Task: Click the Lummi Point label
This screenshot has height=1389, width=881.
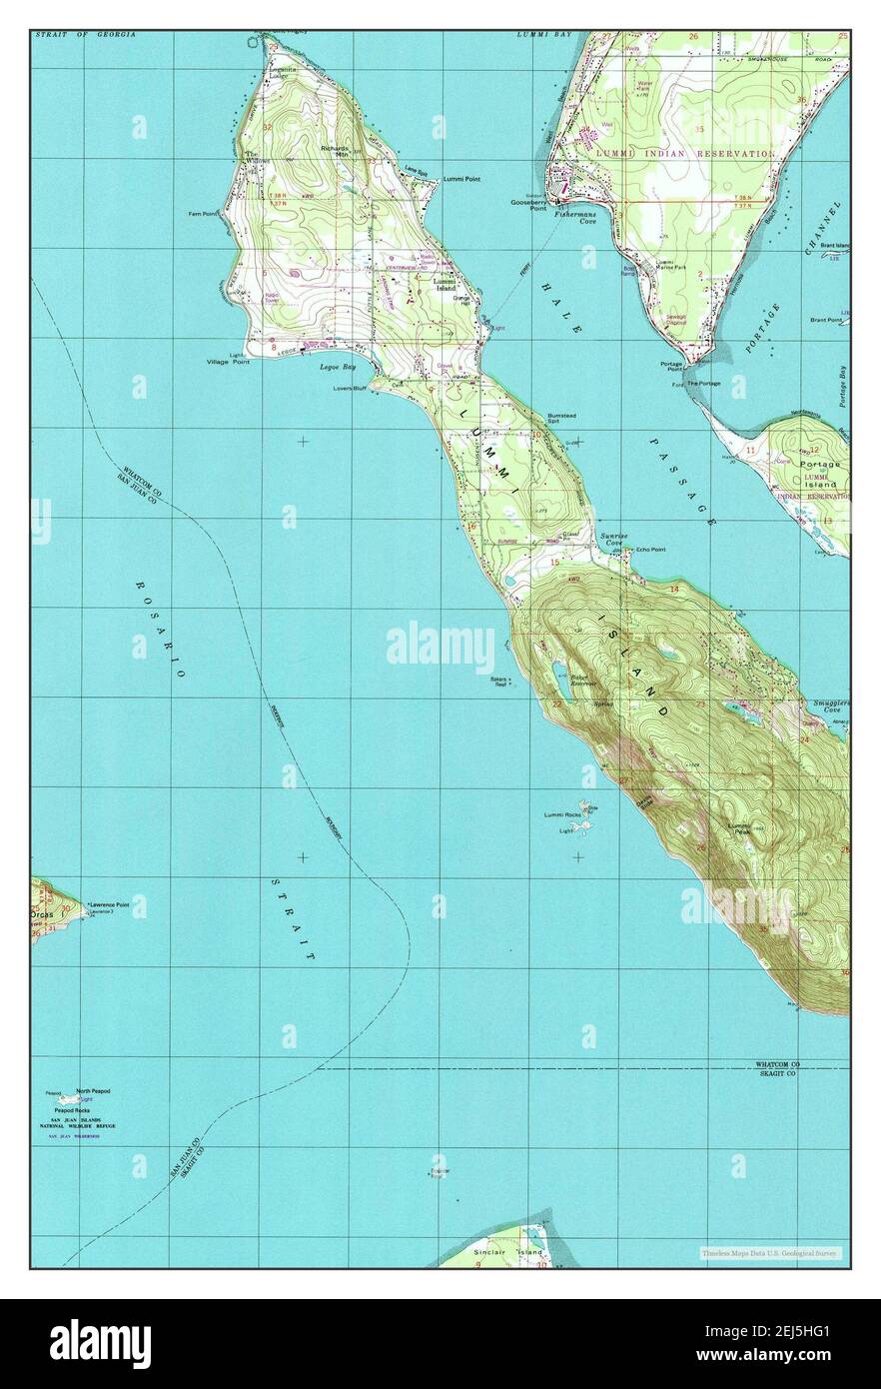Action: click(x=460, y=179)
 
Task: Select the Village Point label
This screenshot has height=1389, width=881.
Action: click(x=228, y=362)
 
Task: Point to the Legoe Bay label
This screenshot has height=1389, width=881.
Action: click(x=331, y=367)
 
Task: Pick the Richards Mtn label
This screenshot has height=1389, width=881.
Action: click(x=335, y=152)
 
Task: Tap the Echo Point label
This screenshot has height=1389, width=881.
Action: click(x=650, y=550)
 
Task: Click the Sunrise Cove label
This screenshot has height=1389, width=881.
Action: click(x=614, y=540)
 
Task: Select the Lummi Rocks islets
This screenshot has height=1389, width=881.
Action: click(x=587, y=817)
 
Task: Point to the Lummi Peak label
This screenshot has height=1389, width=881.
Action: click(x=739, y=827)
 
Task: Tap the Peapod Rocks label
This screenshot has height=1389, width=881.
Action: click(x=72, y=1110)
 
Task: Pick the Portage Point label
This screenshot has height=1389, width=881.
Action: click(x=670, y=367)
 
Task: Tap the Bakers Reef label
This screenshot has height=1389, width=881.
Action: click(x=500, y=682)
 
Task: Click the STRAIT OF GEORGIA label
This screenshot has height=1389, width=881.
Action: click(x=85, y=35)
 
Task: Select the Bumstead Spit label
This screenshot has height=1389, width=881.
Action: click(x=560, y=419)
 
